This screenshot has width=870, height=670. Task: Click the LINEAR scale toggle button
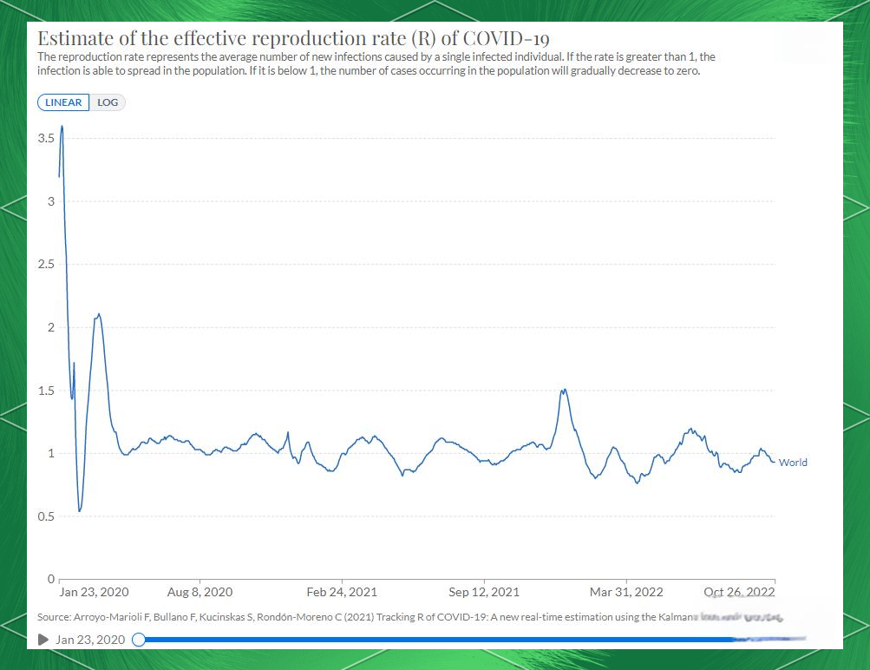[63, 102]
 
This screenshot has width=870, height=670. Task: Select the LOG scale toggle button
[108, 102]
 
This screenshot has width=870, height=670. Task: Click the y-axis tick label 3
[50, 201]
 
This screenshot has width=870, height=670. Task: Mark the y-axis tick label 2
[50, 327]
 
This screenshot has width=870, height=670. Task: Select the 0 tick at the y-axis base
[50, 578]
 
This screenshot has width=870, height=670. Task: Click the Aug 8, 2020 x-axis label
[200, 593]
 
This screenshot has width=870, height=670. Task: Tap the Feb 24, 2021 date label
[342, 593]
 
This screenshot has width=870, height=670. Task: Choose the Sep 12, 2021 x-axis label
[484, 593]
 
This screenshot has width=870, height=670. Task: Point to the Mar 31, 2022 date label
[626, 593]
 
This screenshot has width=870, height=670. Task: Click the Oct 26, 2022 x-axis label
[740, 593]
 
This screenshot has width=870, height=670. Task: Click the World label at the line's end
[793, 463]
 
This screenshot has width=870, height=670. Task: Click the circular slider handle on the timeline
[138, 640]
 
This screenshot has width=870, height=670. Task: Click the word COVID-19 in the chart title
[507, 39]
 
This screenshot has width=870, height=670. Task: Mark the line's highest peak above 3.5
[62, 127]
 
